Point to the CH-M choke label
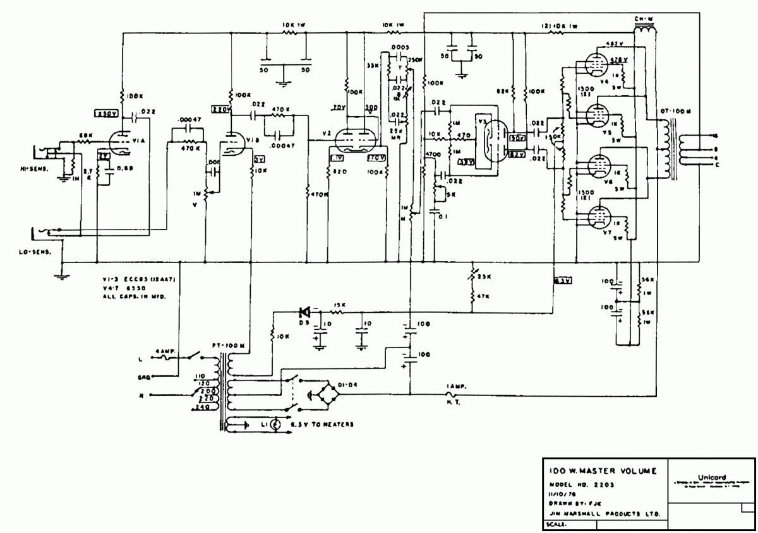point(644,19)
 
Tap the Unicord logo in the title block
point(712,477)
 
